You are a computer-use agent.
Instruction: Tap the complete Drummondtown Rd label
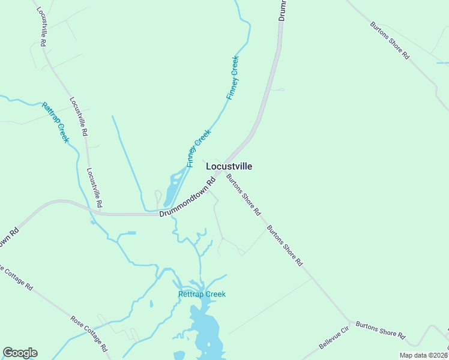pos(187,197)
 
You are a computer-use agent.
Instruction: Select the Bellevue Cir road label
pos(334,338)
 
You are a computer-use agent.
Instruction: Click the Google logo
pos(20,353)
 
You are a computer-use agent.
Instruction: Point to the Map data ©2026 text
pos(423,355)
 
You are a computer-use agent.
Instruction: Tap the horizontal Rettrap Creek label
pos(202,294)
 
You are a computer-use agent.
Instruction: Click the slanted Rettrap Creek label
pos(55,122)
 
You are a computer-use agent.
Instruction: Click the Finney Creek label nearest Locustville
pos(198,148)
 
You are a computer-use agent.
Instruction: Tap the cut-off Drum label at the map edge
pos(282,10)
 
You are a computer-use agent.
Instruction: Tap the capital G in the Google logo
pos(8,353)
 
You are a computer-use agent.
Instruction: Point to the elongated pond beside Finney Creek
pos(172,188)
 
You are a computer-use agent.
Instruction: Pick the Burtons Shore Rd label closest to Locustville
pos(243,194)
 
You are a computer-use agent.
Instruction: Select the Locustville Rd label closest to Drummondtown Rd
pos(94,187)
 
